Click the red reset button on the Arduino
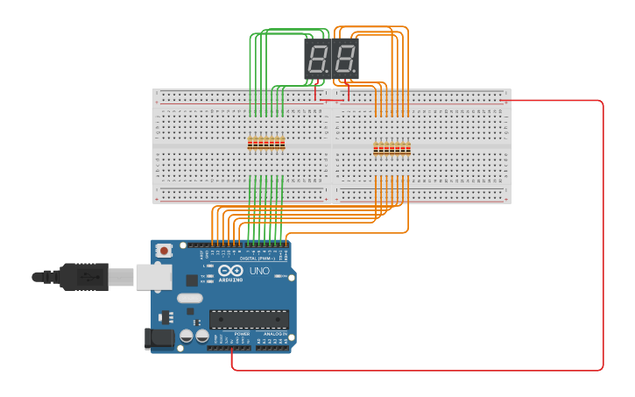[164, 251]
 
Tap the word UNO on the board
[260, 271]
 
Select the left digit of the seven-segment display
[318, 59]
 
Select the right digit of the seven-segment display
[345, 59]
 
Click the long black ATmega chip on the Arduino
[249, 319]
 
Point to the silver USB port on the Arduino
[153, 277]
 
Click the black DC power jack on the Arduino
[158, 337]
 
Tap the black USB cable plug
[84, 276]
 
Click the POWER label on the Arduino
[242, 333]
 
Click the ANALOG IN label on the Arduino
[273, 333]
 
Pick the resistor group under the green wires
[266, 143]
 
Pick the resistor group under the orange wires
[392, 148]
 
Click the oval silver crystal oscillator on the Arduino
[189, 298]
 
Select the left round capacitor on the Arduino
[187, 336]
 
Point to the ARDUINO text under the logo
[231, 279]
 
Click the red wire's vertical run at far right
[603, 237]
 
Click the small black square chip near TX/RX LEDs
[192, 280]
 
